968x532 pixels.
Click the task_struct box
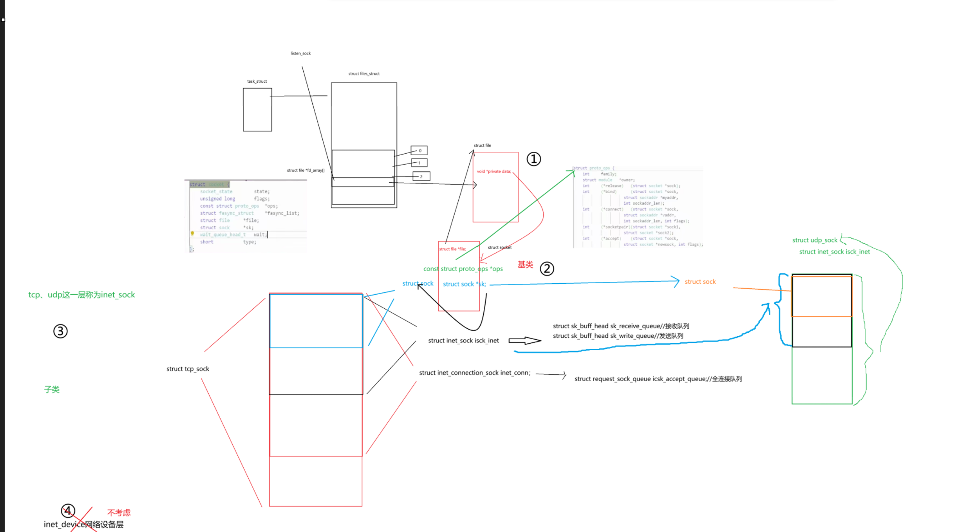tap(257, 110)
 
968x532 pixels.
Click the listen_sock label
tap(301, 53)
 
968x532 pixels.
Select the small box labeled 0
tap(419, 151)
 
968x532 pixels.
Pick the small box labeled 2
tap(421, 176)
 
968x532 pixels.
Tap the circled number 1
tap(534, 159)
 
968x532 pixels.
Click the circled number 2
tap(547, 269)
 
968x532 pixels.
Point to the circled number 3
tap(60, 331)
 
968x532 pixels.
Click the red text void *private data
tap(494, 171)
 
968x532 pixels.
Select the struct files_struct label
tap(364, 74)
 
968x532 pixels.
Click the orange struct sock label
tap(700, 282)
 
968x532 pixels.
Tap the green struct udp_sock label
tap(814, 240)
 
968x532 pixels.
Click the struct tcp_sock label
tap(188, 369)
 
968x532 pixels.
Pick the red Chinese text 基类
tap(525, 265)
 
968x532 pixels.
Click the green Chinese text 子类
tap(52, 389)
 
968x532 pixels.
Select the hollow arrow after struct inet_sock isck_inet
tap(525, 341)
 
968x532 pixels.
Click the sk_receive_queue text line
tap(621, 326)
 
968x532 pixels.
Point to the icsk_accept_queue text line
tap(658, 379)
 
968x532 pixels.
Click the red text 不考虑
tap(119, 512)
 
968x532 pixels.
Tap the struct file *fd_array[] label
tap(306, 171)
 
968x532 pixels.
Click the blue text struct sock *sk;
tap(464, 284)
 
